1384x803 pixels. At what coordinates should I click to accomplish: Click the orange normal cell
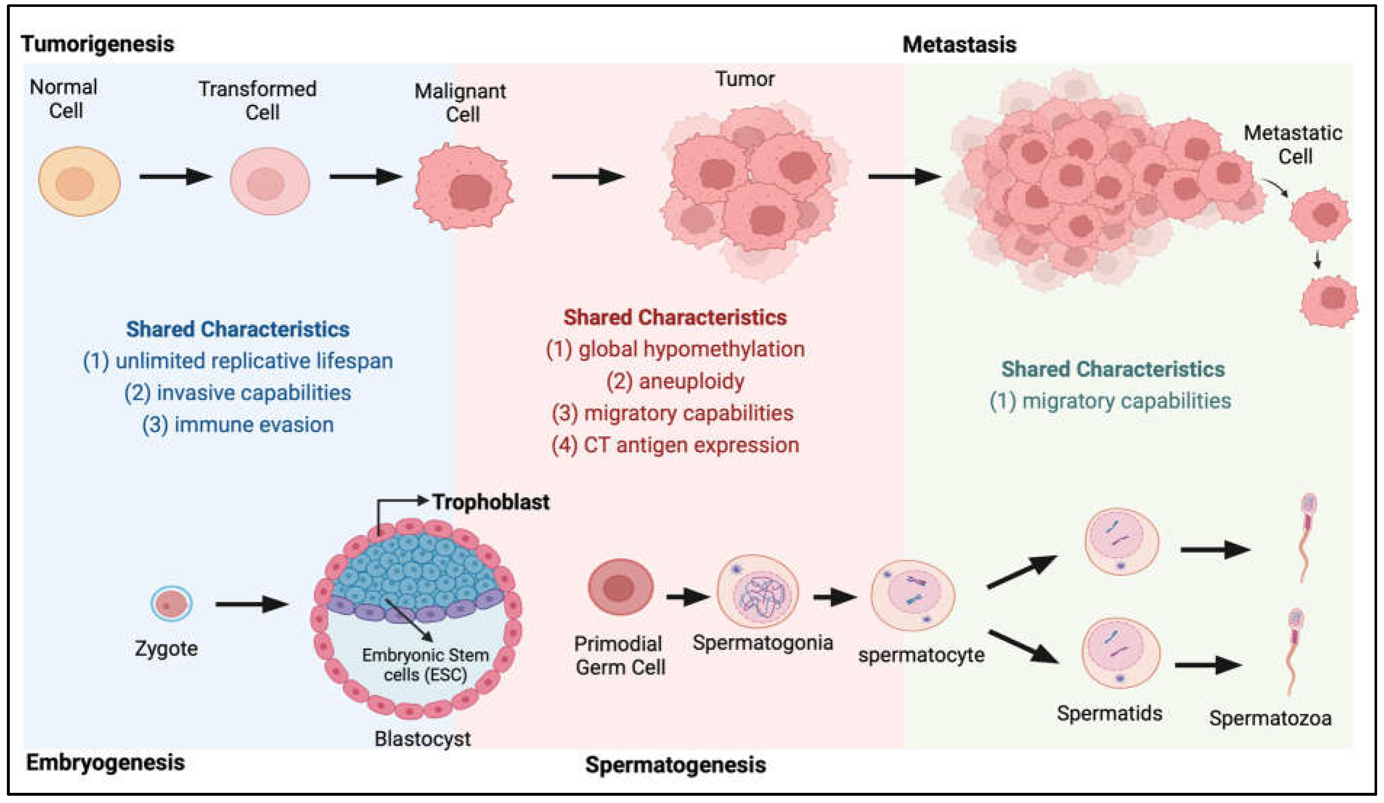tap(79, 181)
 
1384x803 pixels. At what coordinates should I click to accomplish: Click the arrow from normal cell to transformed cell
tap(176, 176)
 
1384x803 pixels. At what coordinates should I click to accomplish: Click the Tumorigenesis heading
tap(98, 44)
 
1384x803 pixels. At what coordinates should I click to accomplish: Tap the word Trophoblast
tap(490, 502)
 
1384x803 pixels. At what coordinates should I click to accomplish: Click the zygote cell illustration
tap(171, 603)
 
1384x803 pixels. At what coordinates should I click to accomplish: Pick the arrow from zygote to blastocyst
tap(252, 604)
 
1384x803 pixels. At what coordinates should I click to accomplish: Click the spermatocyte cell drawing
tap(913, 595)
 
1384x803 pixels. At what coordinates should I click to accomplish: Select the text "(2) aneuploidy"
tap(675, 381)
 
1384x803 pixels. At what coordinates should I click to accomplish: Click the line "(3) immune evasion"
tap(238, 425)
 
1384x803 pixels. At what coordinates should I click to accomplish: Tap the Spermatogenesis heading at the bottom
tap(675, 765)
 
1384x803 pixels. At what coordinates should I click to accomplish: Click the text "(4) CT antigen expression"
tap(675, 445)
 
